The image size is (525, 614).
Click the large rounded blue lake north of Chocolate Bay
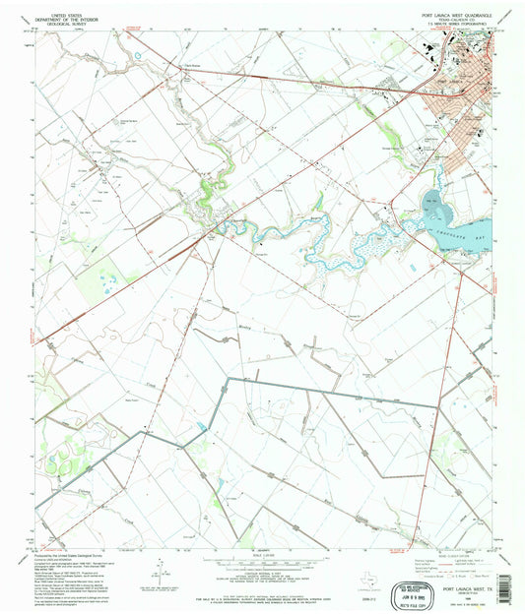434,207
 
